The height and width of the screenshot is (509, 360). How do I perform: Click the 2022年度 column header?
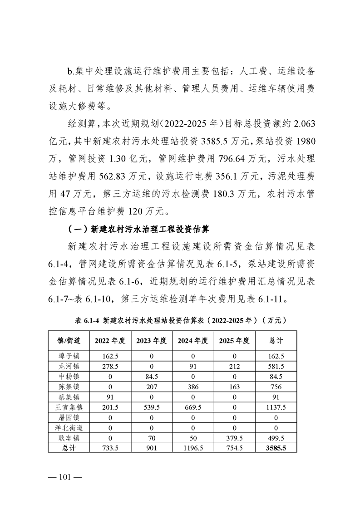click(x=111, y=341)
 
